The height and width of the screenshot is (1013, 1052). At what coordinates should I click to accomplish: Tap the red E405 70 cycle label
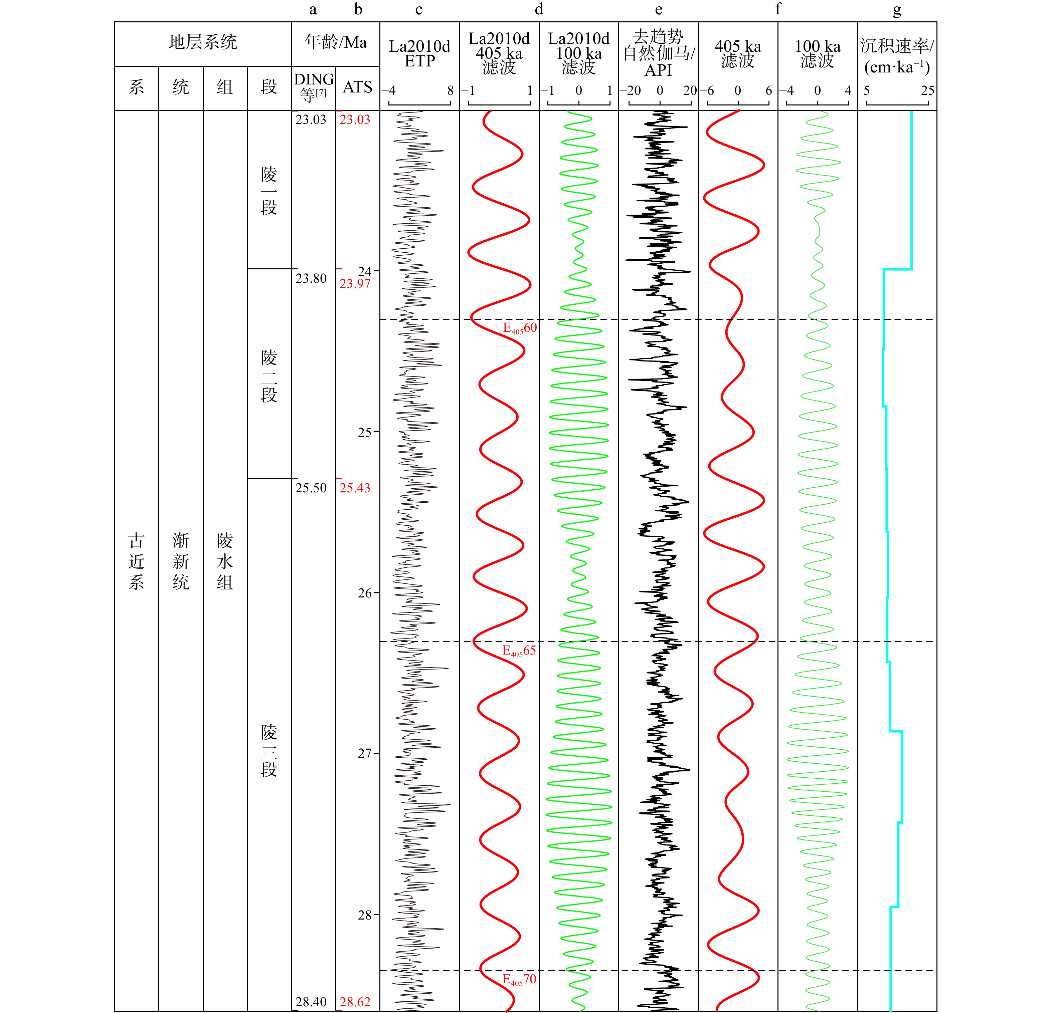coord(519,979)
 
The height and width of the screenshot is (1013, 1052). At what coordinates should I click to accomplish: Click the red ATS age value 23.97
coord(355,283)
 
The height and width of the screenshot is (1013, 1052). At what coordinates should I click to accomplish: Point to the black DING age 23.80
coord(311,278)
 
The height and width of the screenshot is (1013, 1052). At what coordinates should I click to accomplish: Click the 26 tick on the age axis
coord(365,593)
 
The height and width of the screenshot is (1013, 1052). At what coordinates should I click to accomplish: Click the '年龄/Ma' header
coord(335,42)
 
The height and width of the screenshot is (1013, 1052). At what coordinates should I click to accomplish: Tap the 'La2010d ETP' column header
coord(419,54)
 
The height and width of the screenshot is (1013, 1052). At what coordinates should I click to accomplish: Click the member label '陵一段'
coord(269,191)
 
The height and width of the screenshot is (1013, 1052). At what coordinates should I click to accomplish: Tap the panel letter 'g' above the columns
coord(897,10)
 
